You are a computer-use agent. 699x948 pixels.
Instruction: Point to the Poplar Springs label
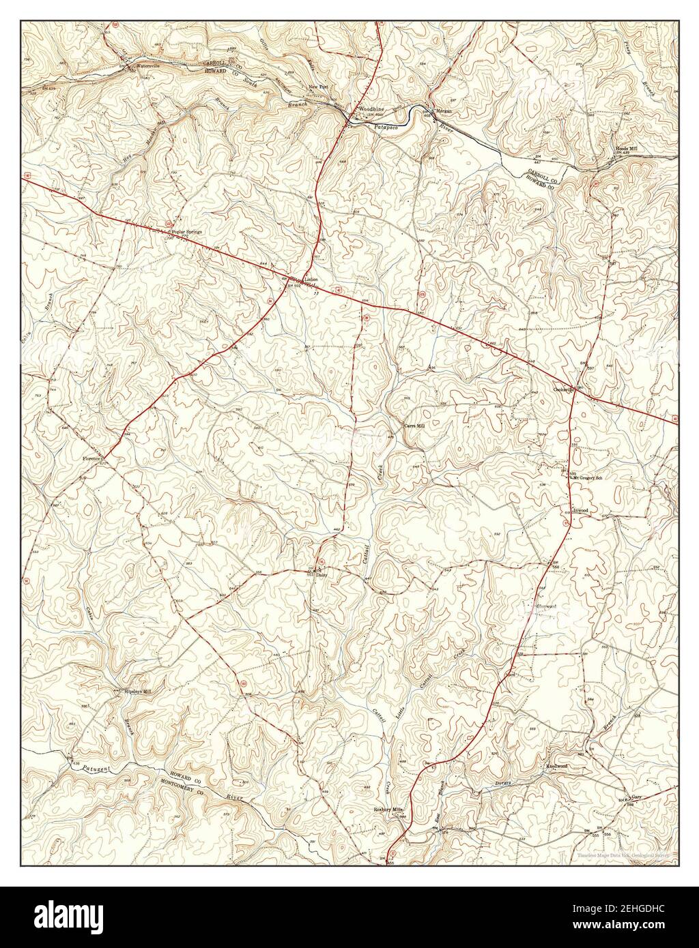188,233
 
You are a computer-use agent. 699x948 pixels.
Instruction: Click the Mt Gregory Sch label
589,477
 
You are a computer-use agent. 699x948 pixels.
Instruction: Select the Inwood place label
581,509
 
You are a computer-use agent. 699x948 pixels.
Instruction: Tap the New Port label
319,87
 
